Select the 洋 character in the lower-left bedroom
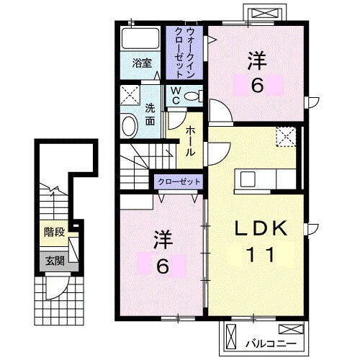click(x=163, y=238)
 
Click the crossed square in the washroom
click(x=131, y=94)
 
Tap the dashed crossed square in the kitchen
click(x=286, y=135)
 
